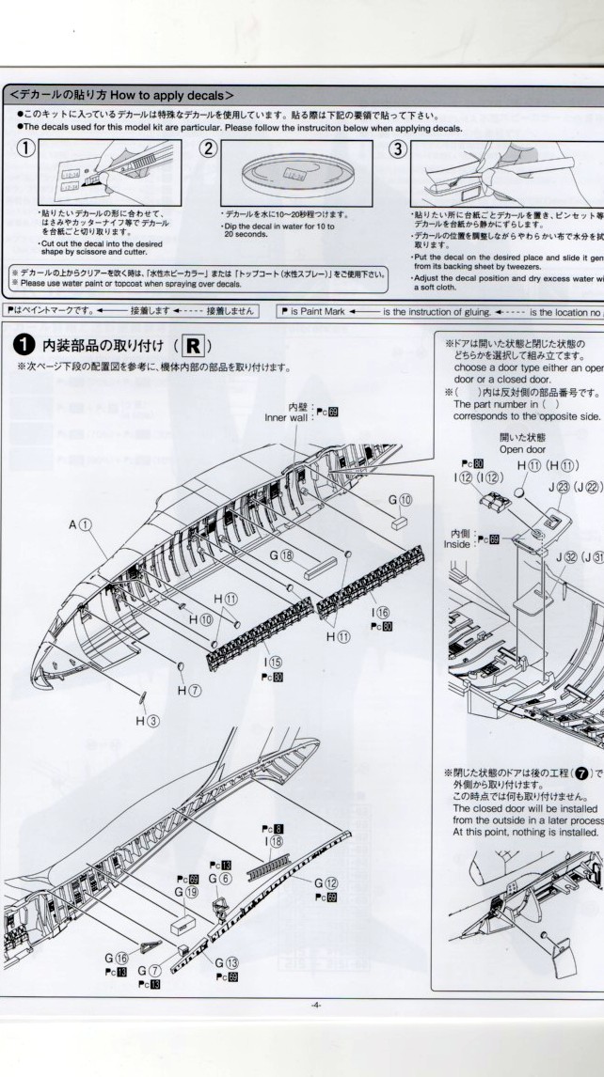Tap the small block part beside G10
pos(400,520)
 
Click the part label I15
pos(274,663)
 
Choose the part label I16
pos(381,612)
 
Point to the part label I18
pos(275,841)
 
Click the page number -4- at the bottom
pos(316,1005)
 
